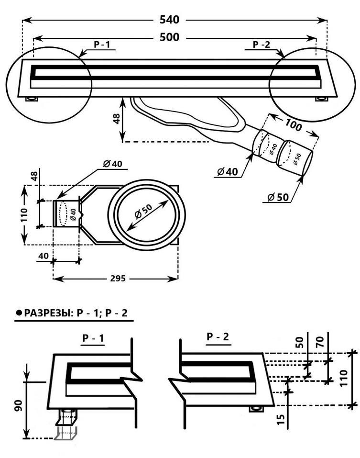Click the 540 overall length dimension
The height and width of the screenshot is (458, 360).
(x=170, y=20)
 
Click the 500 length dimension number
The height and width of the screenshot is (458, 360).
(x=170, y=37)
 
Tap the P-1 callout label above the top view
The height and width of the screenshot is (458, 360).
(x=101, y=45)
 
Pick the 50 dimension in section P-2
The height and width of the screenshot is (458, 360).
(x=300, y=341)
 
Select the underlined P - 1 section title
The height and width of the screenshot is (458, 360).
(x=93, y=338)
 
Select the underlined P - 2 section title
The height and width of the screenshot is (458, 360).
(x=218, y=336)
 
